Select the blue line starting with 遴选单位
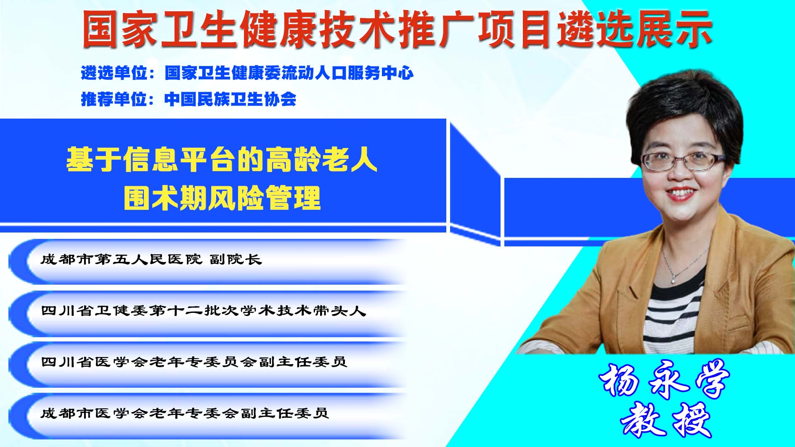click(247, 73)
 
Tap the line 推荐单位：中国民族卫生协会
click(188, 99)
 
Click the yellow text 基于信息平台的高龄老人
click(222, 159)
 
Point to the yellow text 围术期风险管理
click(222, 198)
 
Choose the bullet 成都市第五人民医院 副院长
click(151, 259)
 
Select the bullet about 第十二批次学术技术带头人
click(203, 310)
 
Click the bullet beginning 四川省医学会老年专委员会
click(194, 362)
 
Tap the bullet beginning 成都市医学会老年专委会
click(185, 413)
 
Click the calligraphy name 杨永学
click(664, 379)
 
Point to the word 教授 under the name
click(665, 420)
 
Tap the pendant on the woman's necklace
click(674, 278)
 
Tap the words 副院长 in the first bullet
click(236, 259)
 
